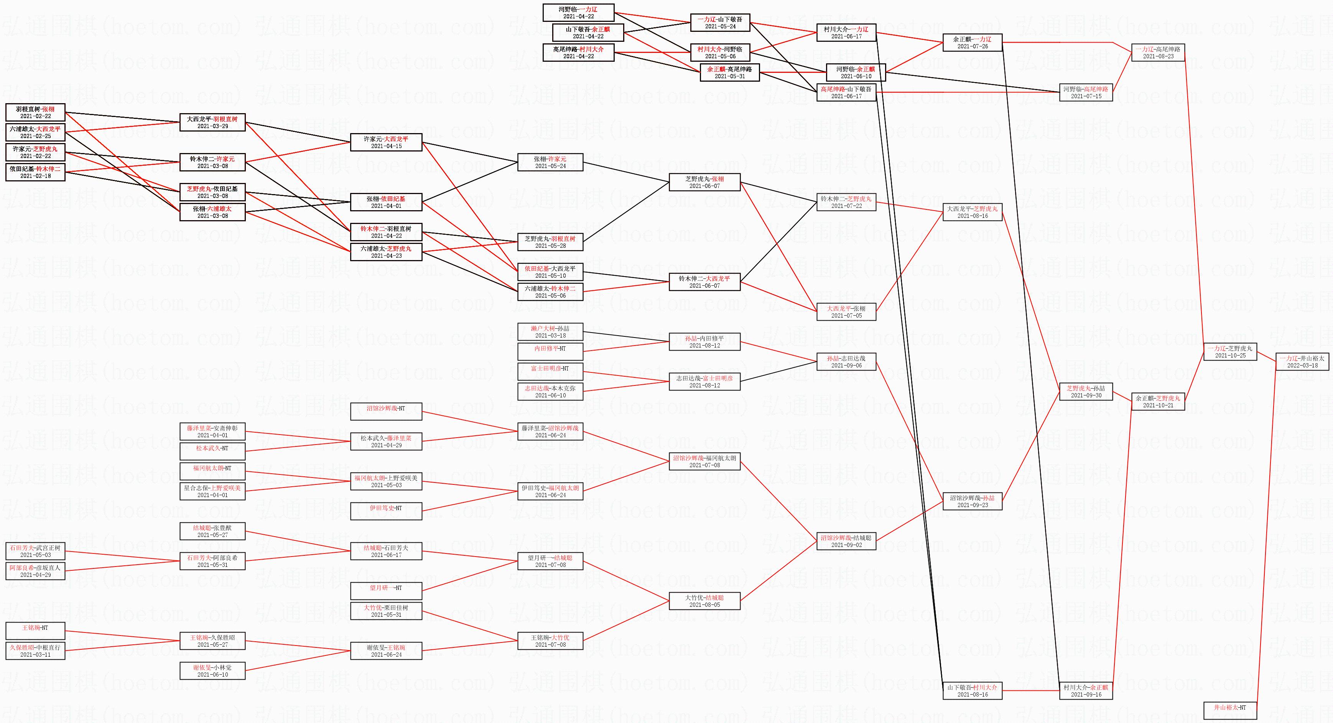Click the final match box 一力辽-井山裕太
(1302, 362)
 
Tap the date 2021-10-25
(1230, 356)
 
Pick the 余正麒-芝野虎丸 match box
(1158, 402)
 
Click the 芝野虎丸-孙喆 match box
(1086, 392)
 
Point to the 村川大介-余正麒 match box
(1086, 691)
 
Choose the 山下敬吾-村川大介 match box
(972, 691)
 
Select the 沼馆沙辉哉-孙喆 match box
(972, 501)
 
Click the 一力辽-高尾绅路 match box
(1158, 53)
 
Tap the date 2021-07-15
(1086, 96)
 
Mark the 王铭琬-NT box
(35, 631)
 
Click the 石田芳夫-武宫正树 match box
(35, 551)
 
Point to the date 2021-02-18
(35, 176)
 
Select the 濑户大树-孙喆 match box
(550, 332)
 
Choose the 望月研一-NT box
(386, 591)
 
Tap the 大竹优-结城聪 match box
(704, 601)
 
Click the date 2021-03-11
(35, 655)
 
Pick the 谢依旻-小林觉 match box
(212, 671)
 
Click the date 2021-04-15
(386, 146)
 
